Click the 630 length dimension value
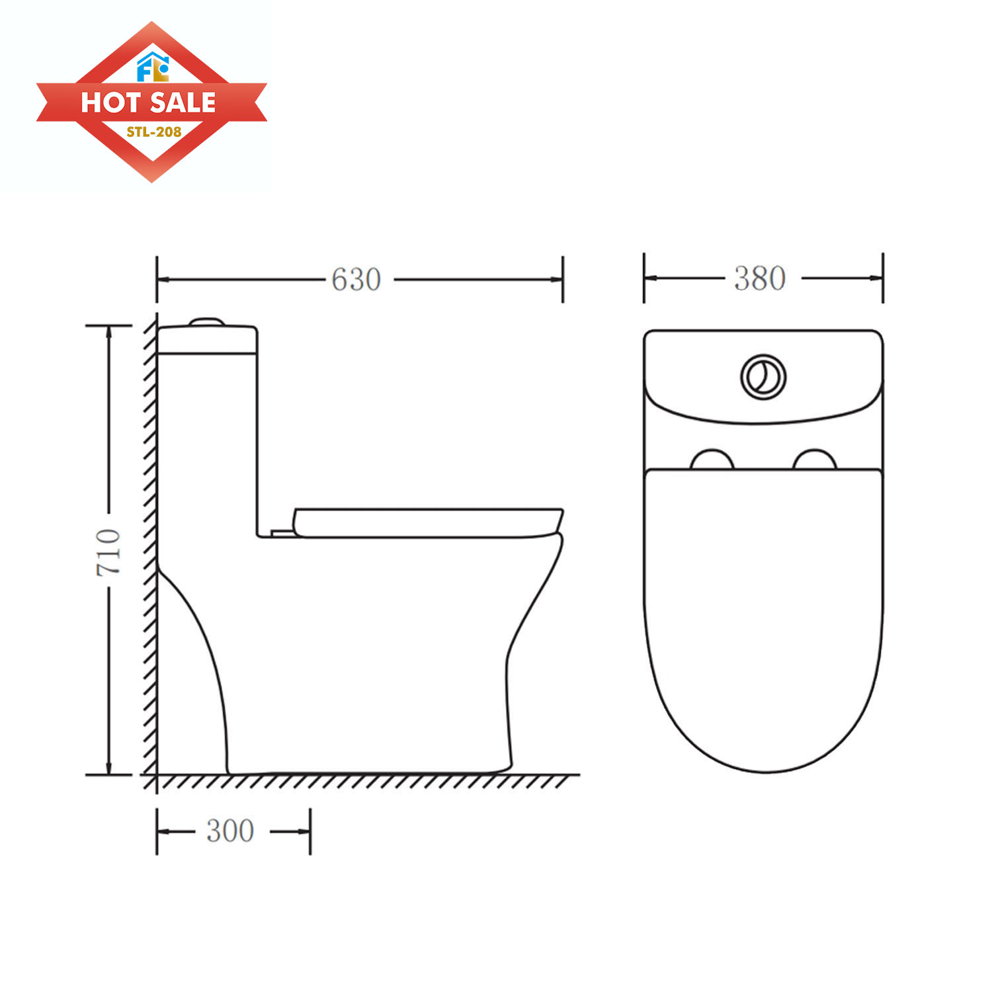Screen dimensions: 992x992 (x=356, y=280)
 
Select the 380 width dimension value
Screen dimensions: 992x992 (x=760, y=278)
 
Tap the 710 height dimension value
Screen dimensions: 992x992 (x=108, y=552)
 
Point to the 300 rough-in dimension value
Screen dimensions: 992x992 (x=230, y=831)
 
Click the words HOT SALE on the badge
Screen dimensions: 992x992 (x=149, y=103)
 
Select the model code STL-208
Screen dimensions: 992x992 (x=153, y=132)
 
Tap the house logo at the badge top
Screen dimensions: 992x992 (x=153, y=66)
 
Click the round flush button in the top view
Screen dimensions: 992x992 (x=763, y=377)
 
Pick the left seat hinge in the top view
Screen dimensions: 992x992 (x=712, y=460)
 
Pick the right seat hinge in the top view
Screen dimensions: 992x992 (x=815, y=460)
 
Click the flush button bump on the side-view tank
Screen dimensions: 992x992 (x=207, y=322)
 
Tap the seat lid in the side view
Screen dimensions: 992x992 (x=427, y=522)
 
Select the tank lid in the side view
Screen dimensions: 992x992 (x=207, y=340)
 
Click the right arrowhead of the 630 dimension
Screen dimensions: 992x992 (x=557, y=280)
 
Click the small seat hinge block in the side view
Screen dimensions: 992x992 (x=281, y=532)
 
